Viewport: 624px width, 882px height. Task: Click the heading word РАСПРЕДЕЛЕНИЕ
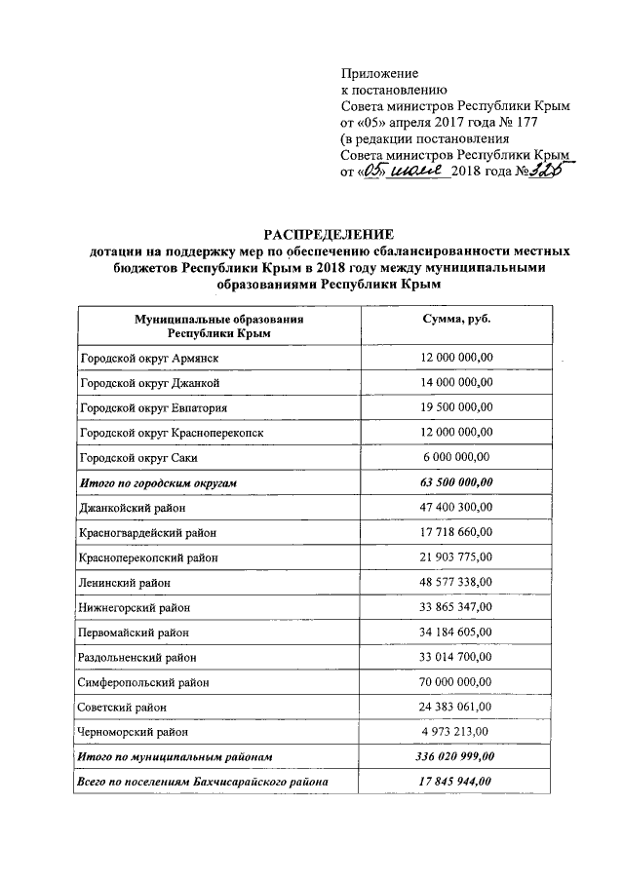pyautogui.click(x=329, y=234)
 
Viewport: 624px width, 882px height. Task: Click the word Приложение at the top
pyautogui.click(x=379, y=73)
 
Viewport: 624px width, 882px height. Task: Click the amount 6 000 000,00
pyautogui.click(x=456, y=457)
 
